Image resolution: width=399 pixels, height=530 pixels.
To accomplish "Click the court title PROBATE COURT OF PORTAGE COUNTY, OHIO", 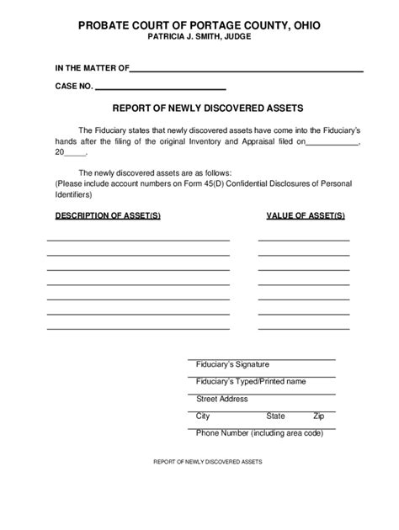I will (x=199, y=26).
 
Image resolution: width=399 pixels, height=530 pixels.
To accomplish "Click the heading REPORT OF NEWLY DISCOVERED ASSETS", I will (x=199, y=108).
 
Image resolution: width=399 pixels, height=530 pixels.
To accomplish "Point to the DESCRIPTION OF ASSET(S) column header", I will (x=107, y=215).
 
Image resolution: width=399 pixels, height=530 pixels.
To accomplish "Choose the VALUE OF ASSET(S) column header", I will (x=305, y=215).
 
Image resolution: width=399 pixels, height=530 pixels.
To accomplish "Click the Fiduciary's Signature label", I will (x=231, y=364).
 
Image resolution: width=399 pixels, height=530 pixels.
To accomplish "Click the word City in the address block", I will (x=203, y=416).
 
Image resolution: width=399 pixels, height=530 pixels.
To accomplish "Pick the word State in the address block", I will (x=275, y=416).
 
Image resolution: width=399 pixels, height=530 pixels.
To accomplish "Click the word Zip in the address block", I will (x=318, y=416).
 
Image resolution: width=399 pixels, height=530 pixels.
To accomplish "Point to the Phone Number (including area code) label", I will (x=259, y=432).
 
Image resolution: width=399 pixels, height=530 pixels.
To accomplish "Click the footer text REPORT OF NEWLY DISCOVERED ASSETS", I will (x=208, y=463).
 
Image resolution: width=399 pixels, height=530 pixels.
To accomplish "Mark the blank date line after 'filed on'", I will (x=332, y=144).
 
